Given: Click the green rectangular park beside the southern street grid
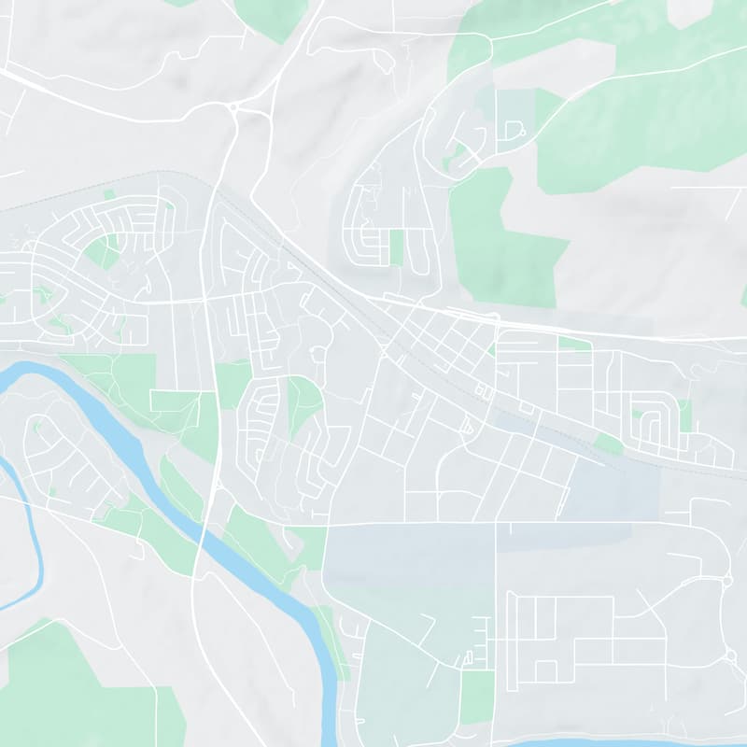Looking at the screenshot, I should tap(476, 696).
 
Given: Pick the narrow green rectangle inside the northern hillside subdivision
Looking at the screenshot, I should tap(396, 247).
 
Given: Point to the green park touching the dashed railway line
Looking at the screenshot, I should tap(609, 444).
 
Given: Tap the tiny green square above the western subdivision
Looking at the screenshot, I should tap(108, 194).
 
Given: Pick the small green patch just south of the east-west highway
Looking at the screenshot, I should tap(574, 344).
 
